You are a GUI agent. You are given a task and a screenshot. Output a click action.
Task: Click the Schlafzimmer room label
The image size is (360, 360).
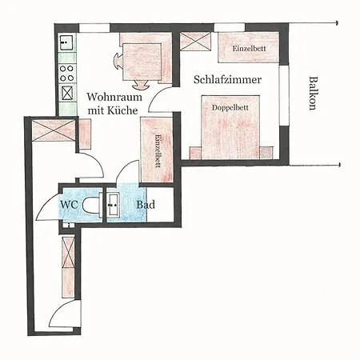point(227,80)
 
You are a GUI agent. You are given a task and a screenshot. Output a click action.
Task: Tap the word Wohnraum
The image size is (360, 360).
point(114,97)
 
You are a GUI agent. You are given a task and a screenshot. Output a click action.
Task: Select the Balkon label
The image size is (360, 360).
point(313,93)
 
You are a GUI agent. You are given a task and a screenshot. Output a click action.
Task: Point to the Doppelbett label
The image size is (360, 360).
point(230,107)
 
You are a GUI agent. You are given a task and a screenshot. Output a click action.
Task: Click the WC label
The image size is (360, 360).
point(69,205)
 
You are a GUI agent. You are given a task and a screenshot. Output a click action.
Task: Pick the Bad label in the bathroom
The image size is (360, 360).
point(146,205)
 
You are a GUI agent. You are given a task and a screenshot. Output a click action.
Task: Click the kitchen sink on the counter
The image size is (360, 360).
point(66,42)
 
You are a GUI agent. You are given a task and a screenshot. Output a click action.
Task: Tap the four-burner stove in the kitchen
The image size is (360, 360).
point(66,74)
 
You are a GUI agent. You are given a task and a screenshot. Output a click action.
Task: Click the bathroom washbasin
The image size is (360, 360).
point(113,205)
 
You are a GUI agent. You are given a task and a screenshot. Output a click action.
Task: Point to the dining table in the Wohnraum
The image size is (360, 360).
point(142,62)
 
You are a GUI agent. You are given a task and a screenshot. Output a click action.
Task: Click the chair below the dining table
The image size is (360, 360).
point(141,85)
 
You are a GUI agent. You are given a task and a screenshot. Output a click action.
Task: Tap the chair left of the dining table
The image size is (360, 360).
point(118,62)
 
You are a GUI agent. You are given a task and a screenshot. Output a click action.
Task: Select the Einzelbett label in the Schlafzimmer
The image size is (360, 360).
point(249,49)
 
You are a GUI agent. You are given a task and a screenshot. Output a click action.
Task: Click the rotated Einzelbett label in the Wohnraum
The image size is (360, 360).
point(158,150)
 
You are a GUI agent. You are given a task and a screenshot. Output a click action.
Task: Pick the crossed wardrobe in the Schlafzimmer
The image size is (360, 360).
point(196,41)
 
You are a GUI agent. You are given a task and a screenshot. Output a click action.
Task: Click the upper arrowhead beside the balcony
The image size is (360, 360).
point(338,23)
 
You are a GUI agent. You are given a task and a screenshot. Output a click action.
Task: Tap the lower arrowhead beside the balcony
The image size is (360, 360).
point(339,165)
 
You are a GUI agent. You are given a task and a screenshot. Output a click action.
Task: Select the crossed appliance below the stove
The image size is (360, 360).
point(67,93)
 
